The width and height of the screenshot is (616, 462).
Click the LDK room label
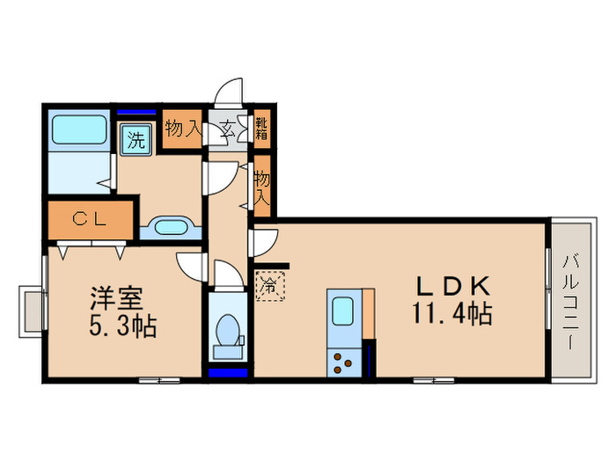coord(452,286)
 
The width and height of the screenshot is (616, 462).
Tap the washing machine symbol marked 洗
coord(136,139)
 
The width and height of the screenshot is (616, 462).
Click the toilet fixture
coord(230,332)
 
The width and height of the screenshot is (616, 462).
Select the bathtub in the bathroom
coord(80,129)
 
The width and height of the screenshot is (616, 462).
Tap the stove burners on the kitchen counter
coord(342,362)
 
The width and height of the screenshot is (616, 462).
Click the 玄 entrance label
coord(226,128)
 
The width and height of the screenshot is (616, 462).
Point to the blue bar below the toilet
coord(229,373)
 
